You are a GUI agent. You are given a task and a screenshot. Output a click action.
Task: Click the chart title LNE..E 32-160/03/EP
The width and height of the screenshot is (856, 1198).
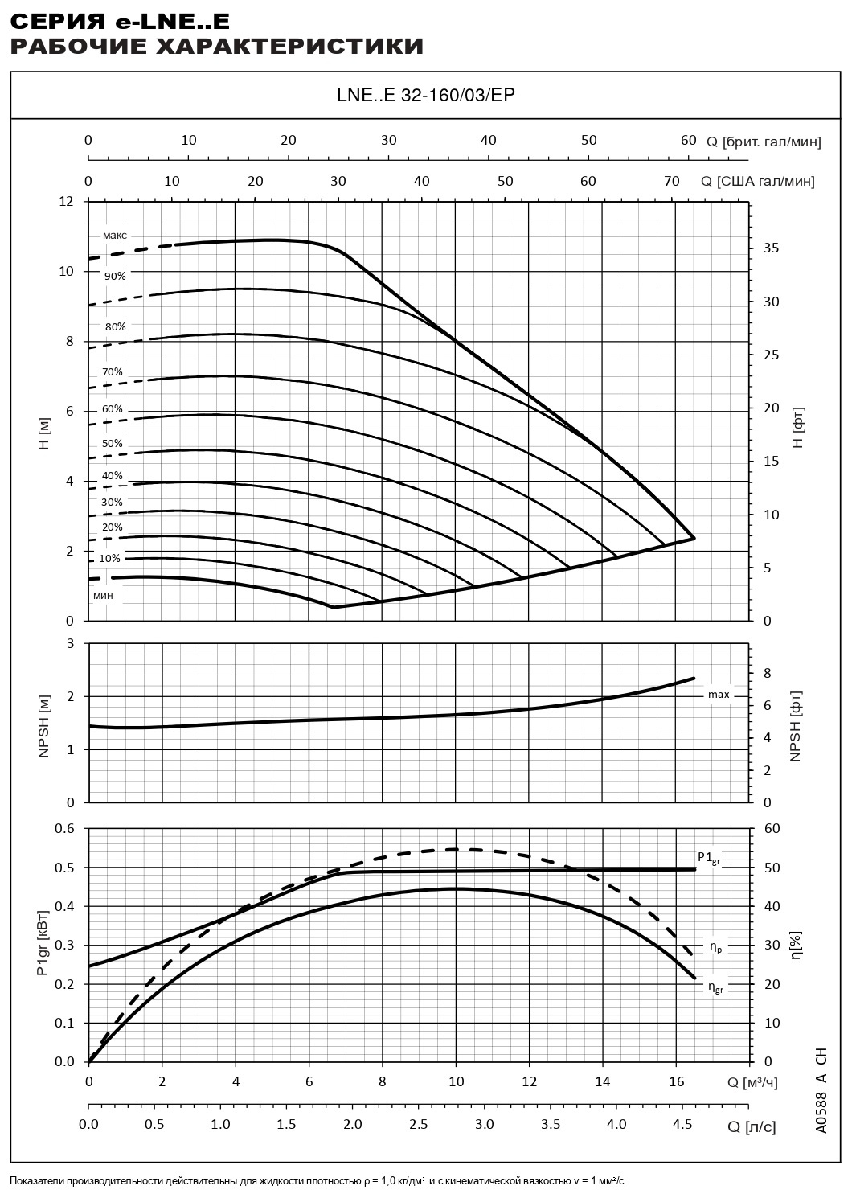(426, 96)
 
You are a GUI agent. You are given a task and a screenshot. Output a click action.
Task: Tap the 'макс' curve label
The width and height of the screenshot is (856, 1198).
(115, 236)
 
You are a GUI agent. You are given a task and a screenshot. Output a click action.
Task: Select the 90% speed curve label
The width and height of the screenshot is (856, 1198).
(115, 276)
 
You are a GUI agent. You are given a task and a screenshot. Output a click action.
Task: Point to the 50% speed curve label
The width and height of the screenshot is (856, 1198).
(113, 443)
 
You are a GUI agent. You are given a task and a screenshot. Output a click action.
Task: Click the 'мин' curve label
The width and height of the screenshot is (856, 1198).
(103, 595)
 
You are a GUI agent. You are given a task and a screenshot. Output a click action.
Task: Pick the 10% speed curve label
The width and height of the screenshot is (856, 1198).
(110, 558)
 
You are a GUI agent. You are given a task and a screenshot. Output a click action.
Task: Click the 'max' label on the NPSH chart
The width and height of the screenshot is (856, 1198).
(719, 694)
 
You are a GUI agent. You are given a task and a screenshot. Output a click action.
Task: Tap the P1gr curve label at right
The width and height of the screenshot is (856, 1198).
(709, 858)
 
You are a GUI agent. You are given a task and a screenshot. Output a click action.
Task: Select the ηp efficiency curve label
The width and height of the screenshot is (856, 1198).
(715, 947)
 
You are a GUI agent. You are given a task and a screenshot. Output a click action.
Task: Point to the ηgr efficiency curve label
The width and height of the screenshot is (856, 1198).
(715, 987)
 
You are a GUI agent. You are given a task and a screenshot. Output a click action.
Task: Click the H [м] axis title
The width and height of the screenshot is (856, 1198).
(45, 435)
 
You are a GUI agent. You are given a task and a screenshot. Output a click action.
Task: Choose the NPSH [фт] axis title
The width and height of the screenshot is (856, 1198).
(796, 725)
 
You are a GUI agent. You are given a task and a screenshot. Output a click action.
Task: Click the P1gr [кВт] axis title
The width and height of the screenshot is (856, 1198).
(42, 945)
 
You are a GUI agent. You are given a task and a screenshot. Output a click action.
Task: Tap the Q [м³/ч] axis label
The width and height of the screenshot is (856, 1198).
(753, 1082)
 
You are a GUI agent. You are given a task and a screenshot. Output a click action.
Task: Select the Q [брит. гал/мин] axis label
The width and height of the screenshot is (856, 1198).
(764, 142)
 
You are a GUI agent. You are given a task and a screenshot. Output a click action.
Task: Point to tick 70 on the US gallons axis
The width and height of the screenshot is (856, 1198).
(671, 181)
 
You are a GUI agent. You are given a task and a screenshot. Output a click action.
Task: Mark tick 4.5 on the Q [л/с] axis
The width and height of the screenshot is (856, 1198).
(682, 1124)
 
